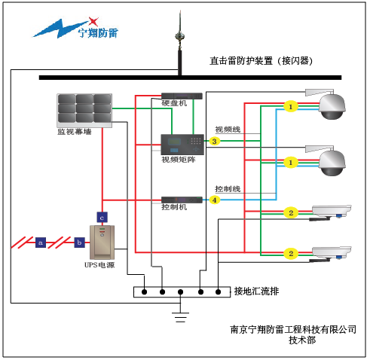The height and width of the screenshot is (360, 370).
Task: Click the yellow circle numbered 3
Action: click(214, 141)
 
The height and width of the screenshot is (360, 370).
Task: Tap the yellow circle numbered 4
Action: click(214, 200)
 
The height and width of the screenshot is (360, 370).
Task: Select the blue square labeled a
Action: click(41, 243)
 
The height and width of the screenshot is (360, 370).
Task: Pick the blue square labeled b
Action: click(79, 243)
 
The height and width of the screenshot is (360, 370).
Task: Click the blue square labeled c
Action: click(102, 218)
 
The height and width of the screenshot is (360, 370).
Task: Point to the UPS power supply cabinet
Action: click(102, 243)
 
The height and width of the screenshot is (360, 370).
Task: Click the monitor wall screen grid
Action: click(84, 111)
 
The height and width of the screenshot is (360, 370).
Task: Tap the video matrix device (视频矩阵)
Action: click(182, 145)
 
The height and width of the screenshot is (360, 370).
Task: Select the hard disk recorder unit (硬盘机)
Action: click(182, 96)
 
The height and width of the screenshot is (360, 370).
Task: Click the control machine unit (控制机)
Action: click(182, 200)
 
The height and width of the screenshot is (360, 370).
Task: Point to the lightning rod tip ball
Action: click(179, 36)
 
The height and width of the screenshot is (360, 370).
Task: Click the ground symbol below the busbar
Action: click(180, 317)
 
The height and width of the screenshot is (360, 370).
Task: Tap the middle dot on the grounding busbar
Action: click(180, 292)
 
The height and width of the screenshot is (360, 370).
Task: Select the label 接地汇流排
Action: click(256, 291)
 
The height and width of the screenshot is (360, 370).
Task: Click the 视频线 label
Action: click(228, 130)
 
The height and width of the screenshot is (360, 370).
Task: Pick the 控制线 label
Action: click(228, 189)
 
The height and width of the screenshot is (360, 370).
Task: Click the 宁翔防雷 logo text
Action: click(98, 32)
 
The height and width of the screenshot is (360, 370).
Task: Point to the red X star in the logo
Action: click(93, 22)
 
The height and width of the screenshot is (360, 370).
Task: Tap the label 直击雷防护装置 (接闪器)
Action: click(261, 61)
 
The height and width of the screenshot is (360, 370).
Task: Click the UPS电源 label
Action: click(99, 265)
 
